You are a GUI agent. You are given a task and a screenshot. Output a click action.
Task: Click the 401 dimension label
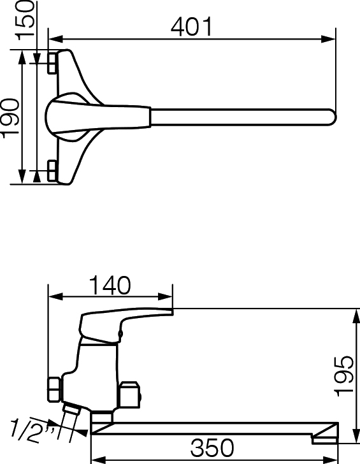pos(192,27)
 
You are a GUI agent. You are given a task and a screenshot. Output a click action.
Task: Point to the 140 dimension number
pos(110,286)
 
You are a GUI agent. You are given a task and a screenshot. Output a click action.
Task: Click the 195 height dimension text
pos(343,376)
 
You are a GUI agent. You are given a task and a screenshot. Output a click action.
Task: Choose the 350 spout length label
pos(212,447)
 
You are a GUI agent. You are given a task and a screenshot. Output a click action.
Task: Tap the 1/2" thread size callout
pos(32,430)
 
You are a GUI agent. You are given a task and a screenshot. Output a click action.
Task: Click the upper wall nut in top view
pos(52,63)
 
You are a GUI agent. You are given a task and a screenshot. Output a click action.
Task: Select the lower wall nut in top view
pos(52,171)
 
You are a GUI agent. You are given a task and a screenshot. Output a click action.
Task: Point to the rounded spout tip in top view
pos(332,117)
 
